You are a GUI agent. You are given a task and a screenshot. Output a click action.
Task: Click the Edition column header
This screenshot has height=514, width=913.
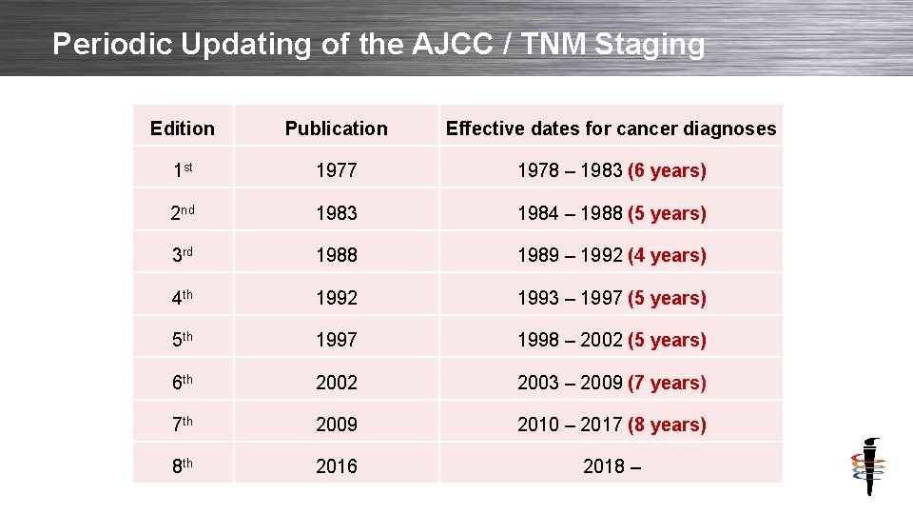coord(183,128)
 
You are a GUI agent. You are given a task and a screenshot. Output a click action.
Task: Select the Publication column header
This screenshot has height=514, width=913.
coord(336,128)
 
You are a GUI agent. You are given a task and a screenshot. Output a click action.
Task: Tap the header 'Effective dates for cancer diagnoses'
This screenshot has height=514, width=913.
coord(611,128)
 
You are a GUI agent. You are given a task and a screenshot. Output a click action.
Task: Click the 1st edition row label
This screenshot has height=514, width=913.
coord(183,170)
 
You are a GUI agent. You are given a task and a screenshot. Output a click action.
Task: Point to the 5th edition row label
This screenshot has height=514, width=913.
coord(183,340)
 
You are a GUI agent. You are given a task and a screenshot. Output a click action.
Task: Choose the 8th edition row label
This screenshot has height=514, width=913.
coord(183,466)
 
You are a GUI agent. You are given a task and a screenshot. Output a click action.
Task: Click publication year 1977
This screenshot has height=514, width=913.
coord(336,170)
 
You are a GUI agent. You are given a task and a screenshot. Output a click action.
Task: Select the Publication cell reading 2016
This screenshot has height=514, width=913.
coord(336,466)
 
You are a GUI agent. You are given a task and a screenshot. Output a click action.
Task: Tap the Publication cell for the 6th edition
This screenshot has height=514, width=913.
coord(336,383)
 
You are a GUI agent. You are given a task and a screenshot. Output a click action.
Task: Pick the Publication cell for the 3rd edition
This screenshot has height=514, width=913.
coord(336,255)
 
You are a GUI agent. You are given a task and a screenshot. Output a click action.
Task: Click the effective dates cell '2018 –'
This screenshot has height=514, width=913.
coord(611,466)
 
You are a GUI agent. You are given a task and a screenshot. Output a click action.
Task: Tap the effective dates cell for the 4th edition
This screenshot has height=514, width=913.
coord(611,298)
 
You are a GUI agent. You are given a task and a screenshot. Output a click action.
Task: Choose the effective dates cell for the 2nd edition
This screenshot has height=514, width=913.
coord(611,213)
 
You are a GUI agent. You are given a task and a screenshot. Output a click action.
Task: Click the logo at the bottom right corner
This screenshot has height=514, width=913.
coord(867,466)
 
